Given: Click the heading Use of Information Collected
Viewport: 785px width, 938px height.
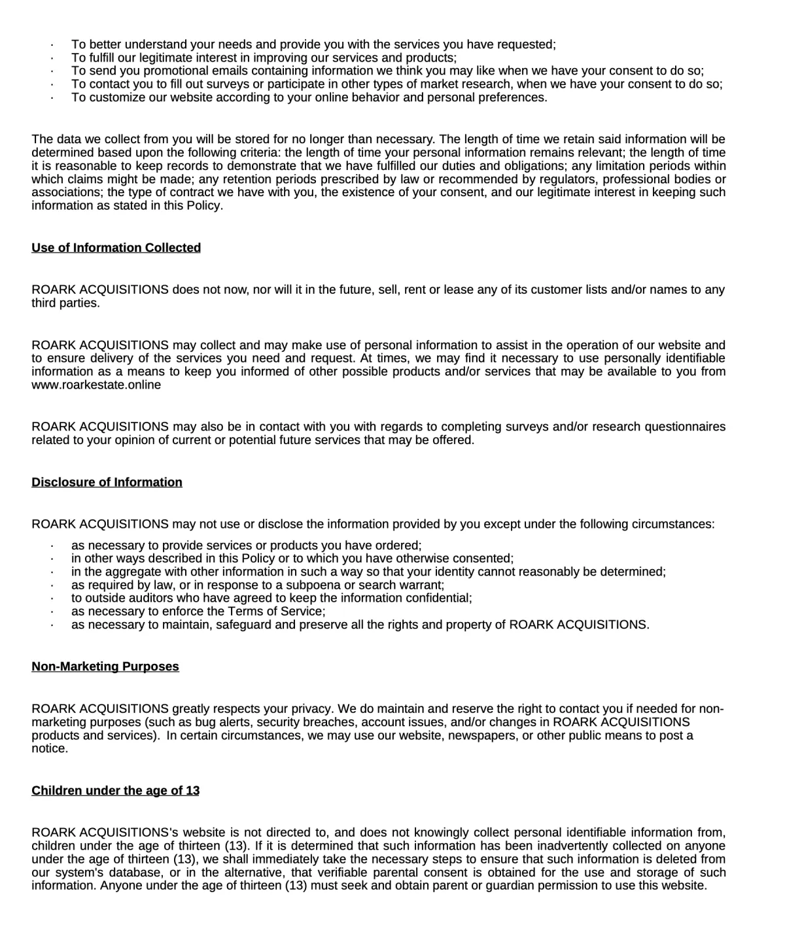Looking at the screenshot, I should [116, 248].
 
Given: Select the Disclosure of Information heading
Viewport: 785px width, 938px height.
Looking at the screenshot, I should [107, 482].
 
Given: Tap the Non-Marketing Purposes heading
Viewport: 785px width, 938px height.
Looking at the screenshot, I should [105, 667].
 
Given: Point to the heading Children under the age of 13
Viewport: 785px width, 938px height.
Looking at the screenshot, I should [115, 791].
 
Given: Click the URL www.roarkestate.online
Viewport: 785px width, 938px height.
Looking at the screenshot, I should [96, 385].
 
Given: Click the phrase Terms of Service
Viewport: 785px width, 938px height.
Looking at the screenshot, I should [275, 612].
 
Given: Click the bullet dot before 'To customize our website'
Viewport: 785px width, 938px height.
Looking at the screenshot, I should [52, 98].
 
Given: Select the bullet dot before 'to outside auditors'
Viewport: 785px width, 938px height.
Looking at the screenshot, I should [52, 599].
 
